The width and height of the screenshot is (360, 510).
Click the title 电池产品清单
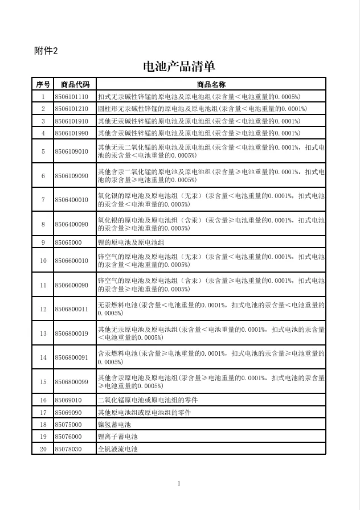coord(179,67)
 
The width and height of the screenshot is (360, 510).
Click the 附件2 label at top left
coord(46,51)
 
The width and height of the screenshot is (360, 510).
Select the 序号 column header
coord(43,84)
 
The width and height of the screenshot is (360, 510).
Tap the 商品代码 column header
coord(75,84)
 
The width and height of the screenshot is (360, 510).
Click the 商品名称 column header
coord(211,84)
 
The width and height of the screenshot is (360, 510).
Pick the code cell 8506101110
coord(72,97)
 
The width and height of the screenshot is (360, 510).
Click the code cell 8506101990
coord(72,133)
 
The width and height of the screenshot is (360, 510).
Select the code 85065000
coord(68,242)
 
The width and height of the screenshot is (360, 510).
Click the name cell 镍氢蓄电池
coord(114,425)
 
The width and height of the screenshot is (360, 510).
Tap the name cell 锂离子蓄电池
coord(118,437)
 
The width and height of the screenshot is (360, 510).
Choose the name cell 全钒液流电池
coord(118,449)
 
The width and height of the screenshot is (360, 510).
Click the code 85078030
coord(68,449)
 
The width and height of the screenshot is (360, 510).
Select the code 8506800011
coord(72,309)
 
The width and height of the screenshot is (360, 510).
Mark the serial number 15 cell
coord(43,381)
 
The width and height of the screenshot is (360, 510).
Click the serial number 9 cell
coord(43,242)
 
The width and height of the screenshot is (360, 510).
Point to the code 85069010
coord(68,400)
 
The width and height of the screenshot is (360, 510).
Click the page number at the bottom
coord(179,484)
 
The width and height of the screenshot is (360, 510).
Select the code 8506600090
coord(72,285)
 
